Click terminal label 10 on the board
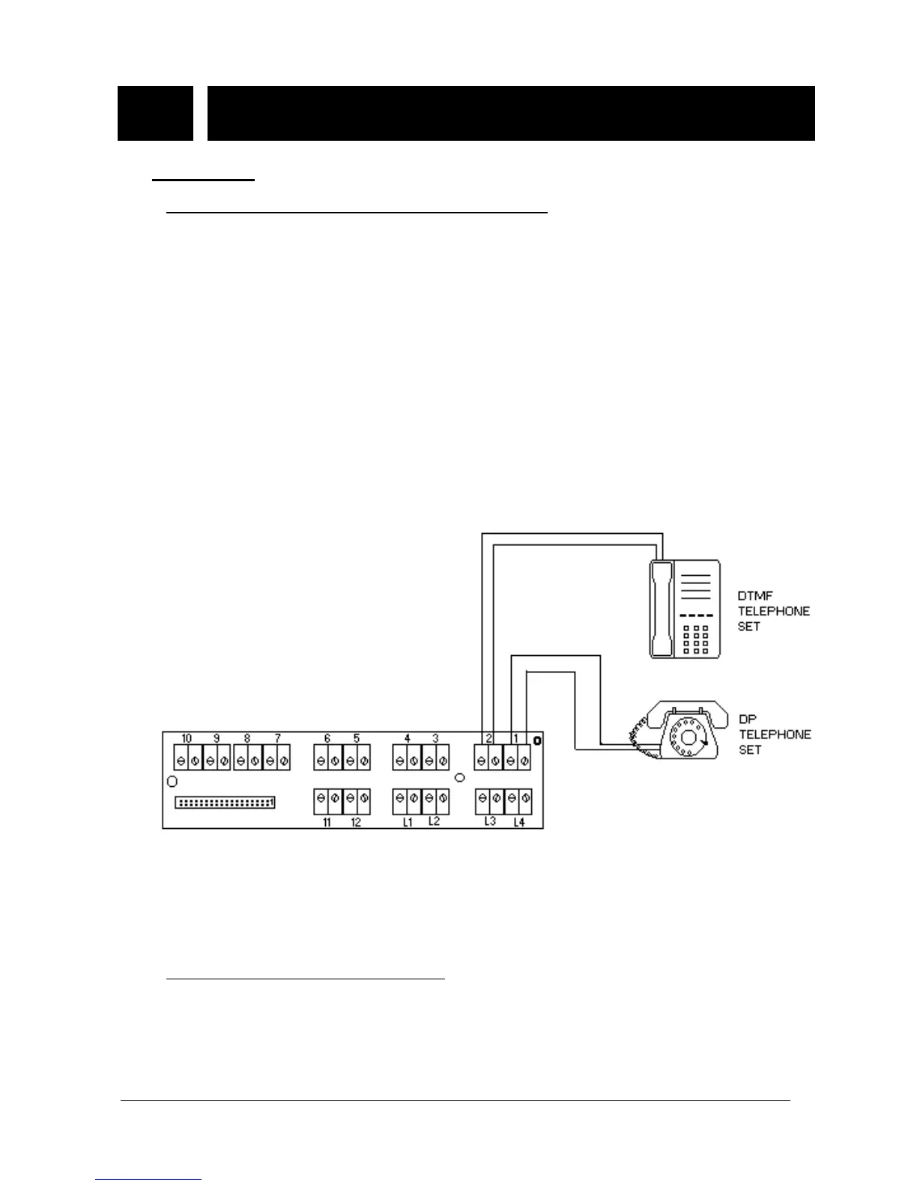[187, 738]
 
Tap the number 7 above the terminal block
[278, 738]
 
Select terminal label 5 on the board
[357, 738]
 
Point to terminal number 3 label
[435, 738]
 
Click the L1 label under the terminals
[408, 822]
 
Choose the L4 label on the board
[519, 822]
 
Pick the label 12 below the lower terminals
[356, 822]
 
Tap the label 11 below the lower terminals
[327, 822]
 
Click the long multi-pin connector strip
[225, 803]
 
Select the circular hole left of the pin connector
[172, 781]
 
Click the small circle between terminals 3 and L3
[460, 778]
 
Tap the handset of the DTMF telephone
[661, 609]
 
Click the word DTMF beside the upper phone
[755, 596]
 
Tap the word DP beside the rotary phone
[747, 720]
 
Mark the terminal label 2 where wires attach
[488, 738]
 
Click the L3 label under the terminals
[490, 821]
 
